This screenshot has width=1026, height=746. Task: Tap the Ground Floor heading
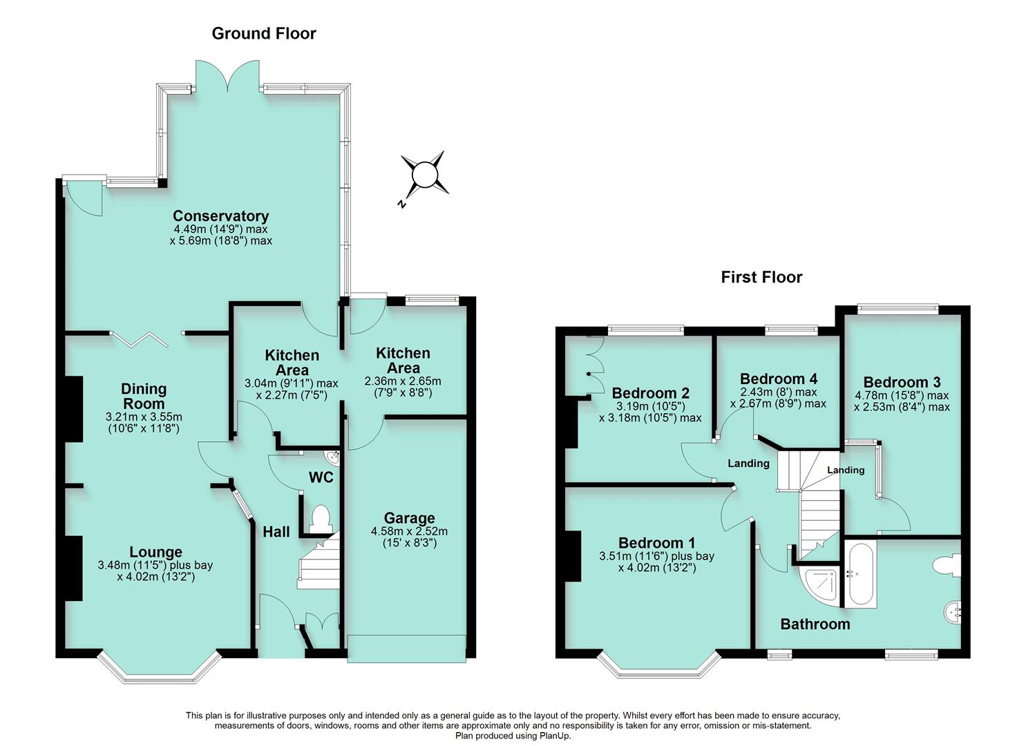[x=263, y=33]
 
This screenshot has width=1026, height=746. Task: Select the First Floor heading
[x=761, y=277]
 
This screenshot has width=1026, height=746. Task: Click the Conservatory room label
[x=220, y=216]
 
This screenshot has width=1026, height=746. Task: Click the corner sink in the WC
[x=333, y=457]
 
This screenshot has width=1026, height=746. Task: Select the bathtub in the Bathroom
[x=859, y=574]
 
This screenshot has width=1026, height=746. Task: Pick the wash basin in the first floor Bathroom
[x=953, y=611]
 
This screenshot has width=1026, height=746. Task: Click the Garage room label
[x=409, y=518]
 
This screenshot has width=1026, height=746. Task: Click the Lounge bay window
[x=160, y=667]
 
